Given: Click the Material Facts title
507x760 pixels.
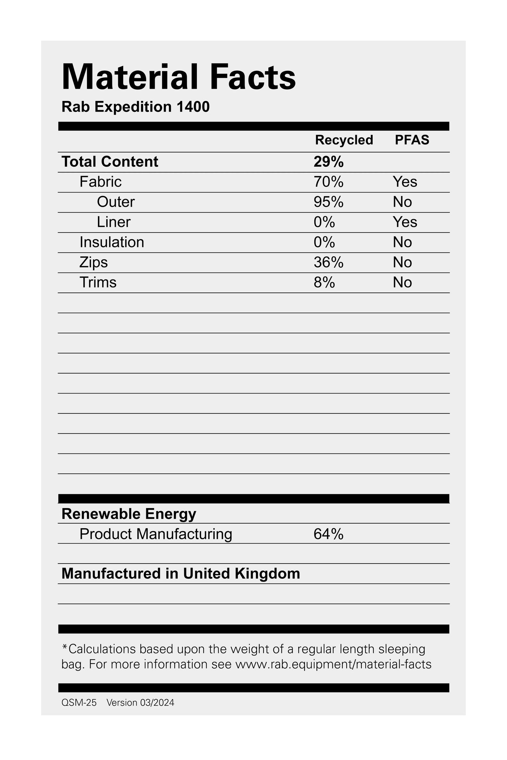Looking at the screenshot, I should [x=179, y=77].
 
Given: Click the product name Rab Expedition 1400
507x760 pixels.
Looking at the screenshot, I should [x=135, y=107].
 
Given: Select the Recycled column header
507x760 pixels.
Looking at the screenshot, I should [x=344, y=140].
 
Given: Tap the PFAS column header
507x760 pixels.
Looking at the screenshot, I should [x=412, y=140].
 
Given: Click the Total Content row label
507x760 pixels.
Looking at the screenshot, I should [x=110, y=162].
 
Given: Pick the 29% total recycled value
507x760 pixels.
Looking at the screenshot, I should [x=328, y=162].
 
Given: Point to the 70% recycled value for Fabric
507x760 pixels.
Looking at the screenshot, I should [x=328, y=182].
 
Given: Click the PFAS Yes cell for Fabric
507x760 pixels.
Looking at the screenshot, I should [x=405, y=182].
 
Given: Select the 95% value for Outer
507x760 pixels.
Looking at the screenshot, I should [x=328, y=202].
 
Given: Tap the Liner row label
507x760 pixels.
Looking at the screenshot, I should [x=114, y=222].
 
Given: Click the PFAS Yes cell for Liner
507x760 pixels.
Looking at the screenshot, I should [x=405, y=222].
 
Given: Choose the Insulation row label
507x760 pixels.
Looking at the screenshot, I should [x=112, y=242].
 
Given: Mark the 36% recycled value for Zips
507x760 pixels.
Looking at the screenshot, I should [x=328, y=262].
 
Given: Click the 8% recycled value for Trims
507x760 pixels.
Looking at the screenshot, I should [x=324, y=282].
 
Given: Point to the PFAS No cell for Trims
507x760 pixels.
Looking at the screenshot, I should [x=402, y=282].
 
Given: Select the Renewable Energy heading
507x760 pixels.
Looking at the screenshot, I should [x=129, y=514].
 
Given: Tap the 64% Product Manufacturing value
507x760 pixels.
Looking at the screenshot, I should [x=328, y=534].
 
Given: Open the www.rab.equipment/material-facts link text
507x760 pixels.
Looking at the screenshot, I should [x=333, y=664].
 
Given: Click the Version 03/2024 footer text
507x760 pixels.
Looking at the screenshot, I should [x=140, y=702].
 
